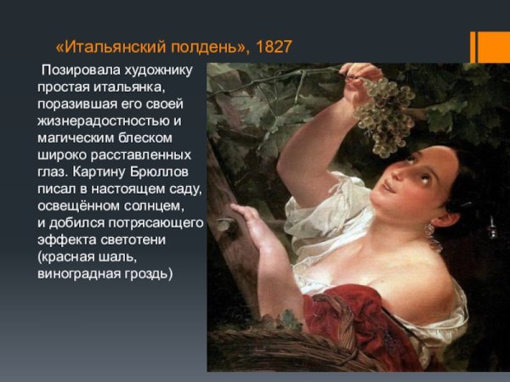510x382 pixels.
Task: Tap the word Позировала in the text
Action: pyautogui.click(x=77, y=69)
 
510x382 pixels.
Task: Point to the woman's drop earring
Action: pyautogui.click(x=428, y=230)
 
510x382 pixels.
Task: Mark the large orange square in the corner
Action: pyautogui.click(x=494, y=47)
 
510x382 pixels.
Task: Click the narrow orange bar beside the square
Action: pyautogui.click(x=473, y=47)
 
